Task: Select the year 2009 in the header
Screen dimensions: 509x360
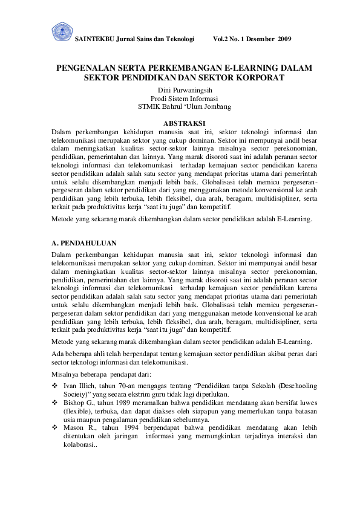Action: pos(284,39)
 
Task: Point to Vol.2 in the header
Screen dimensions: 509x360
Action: pos(223,39)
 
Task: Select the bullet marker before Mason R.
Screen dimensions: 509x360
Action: pos(55,427)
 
